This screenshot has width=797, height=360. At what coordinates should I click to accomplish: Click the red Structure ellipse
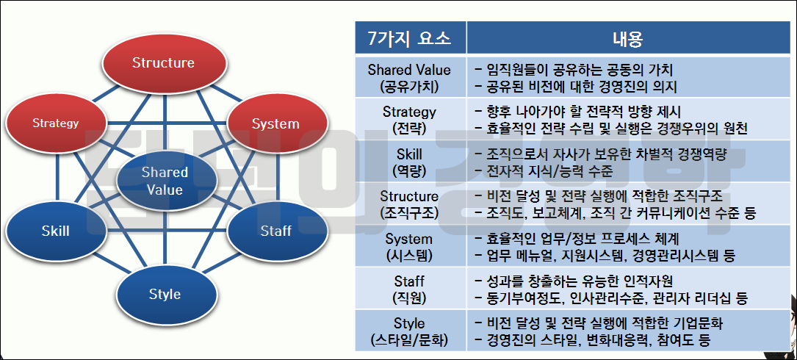(x=163, y=63)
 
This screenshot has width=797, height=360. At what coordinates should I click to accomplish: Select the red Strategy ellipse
(x=55, y=123)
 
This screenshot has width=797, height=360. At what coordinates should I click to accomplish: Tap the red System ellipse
(x=275, y=124)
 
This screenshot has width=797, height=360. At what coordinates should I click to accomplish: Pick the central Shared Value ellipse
(x=165, y=181)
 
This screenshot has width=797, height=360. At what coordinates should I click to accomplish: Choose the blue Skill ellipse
(x=55, y=231)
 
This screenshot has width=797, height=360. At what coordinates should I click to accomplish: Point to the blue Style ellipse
(x=165, y=295)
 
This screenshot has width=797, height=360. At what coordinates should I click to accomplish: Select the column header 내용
(x=628, y=38)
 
